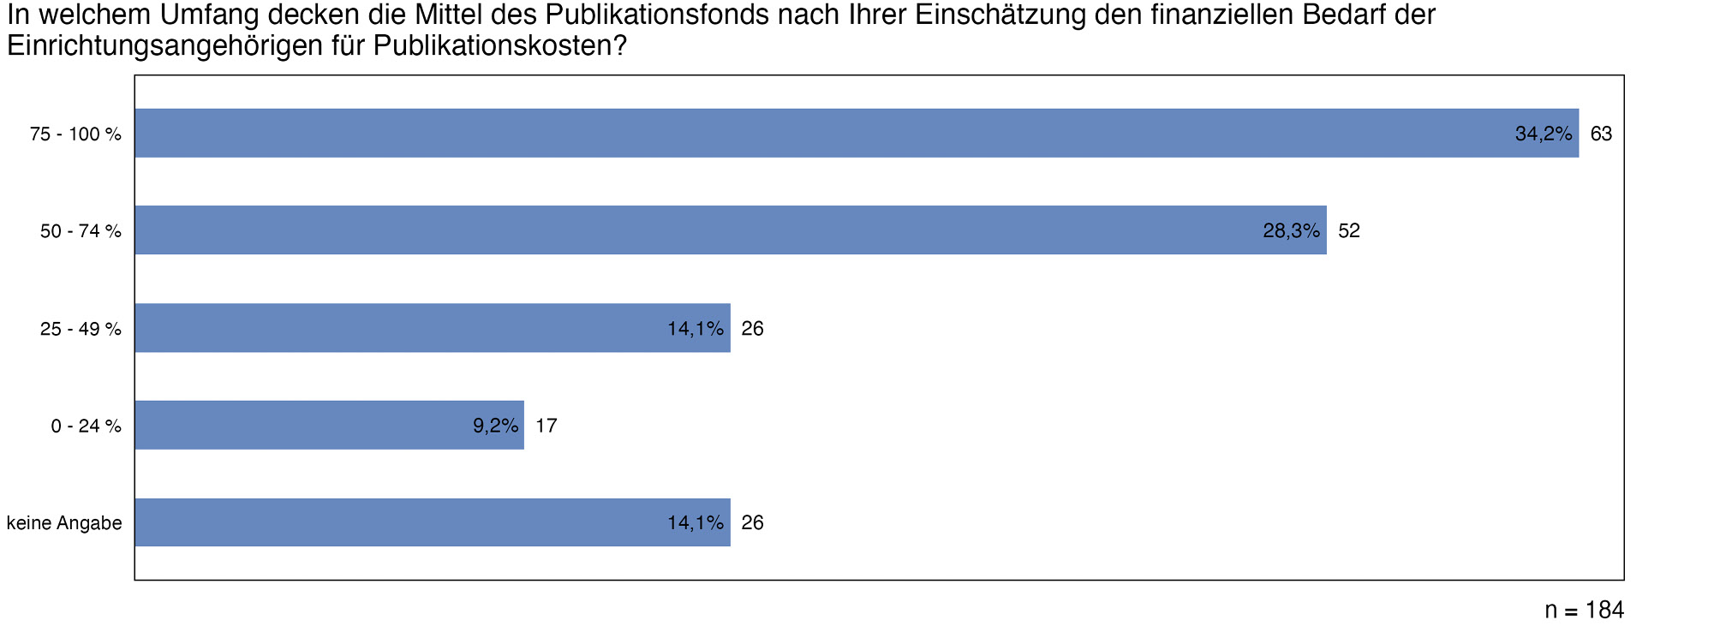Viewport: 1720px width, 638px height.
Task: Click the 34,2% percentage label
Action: point(1544,134)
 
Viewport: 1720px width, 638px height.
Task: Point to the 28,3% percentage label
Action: point(1291,230)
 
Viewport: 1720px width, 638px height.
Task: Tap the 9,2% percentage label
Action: point(496,426)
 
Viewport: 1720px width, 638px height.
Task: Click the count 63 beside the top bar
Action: point(1601,134)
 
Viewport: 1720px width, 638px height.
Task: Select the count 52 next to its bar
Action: point(1349,230)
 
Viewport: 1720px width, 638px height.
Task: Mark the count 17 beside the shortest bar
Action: point(546,426)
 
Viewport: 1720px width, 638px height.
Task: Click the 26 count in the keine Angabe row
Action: point(752,522)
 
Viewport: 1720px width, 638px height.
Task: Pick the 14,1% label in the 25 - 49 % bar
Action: point(696,328)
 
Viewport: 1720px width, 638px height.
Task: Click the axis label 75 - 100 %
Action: point(75,134)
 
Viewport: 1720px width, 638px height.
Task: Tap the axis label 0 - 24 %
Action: point(86,426)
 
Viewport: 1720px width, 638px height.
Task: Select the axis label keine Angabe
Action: point(64,523)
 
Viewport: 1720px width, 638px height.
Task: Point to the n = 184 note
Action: point(1584,610)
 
